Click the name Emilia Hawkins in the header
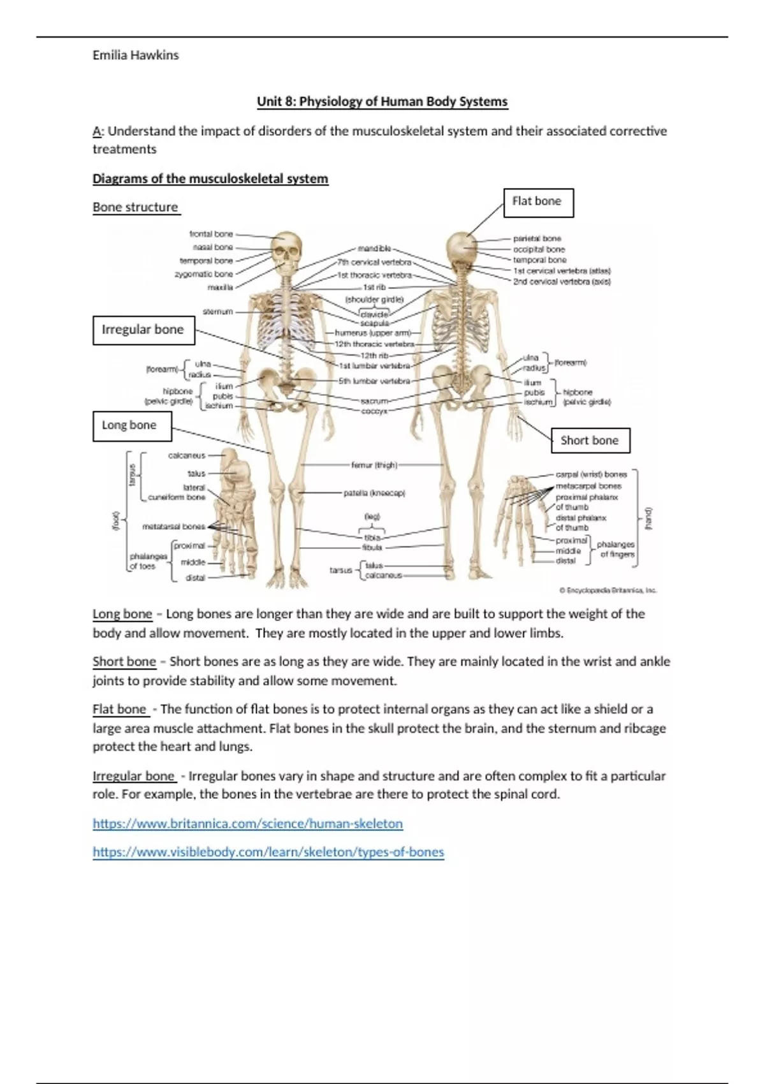(x=135, y=55)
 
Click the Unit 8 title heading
(x=382, y=101)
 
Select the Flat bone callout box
(x=538, y=202)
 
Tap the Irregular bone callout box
(x=143, y=330)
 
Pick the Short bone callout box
(x=590, y=441)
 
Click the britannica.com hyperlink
(x=247, y=823)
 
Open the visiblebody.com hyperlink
(x=268, y=852)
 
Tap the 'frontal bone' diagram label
(x=211, y=234)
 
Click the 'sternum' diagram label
(x=217, y=312)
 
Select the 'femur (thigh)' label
(x=374, y=465)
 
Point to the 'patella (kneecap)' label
(x=375, y=493)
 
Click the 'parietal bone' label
(x=537, y=238)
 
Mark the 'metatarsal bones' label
(x=173, y=527)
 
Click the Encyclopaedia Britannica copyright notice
(x=608, y=590)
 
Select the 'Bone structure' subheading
(x=135, y=207)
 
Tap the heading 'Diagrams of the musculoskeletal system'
(x=210, y=179)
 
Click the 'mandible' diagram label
(x=374, y=249)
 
